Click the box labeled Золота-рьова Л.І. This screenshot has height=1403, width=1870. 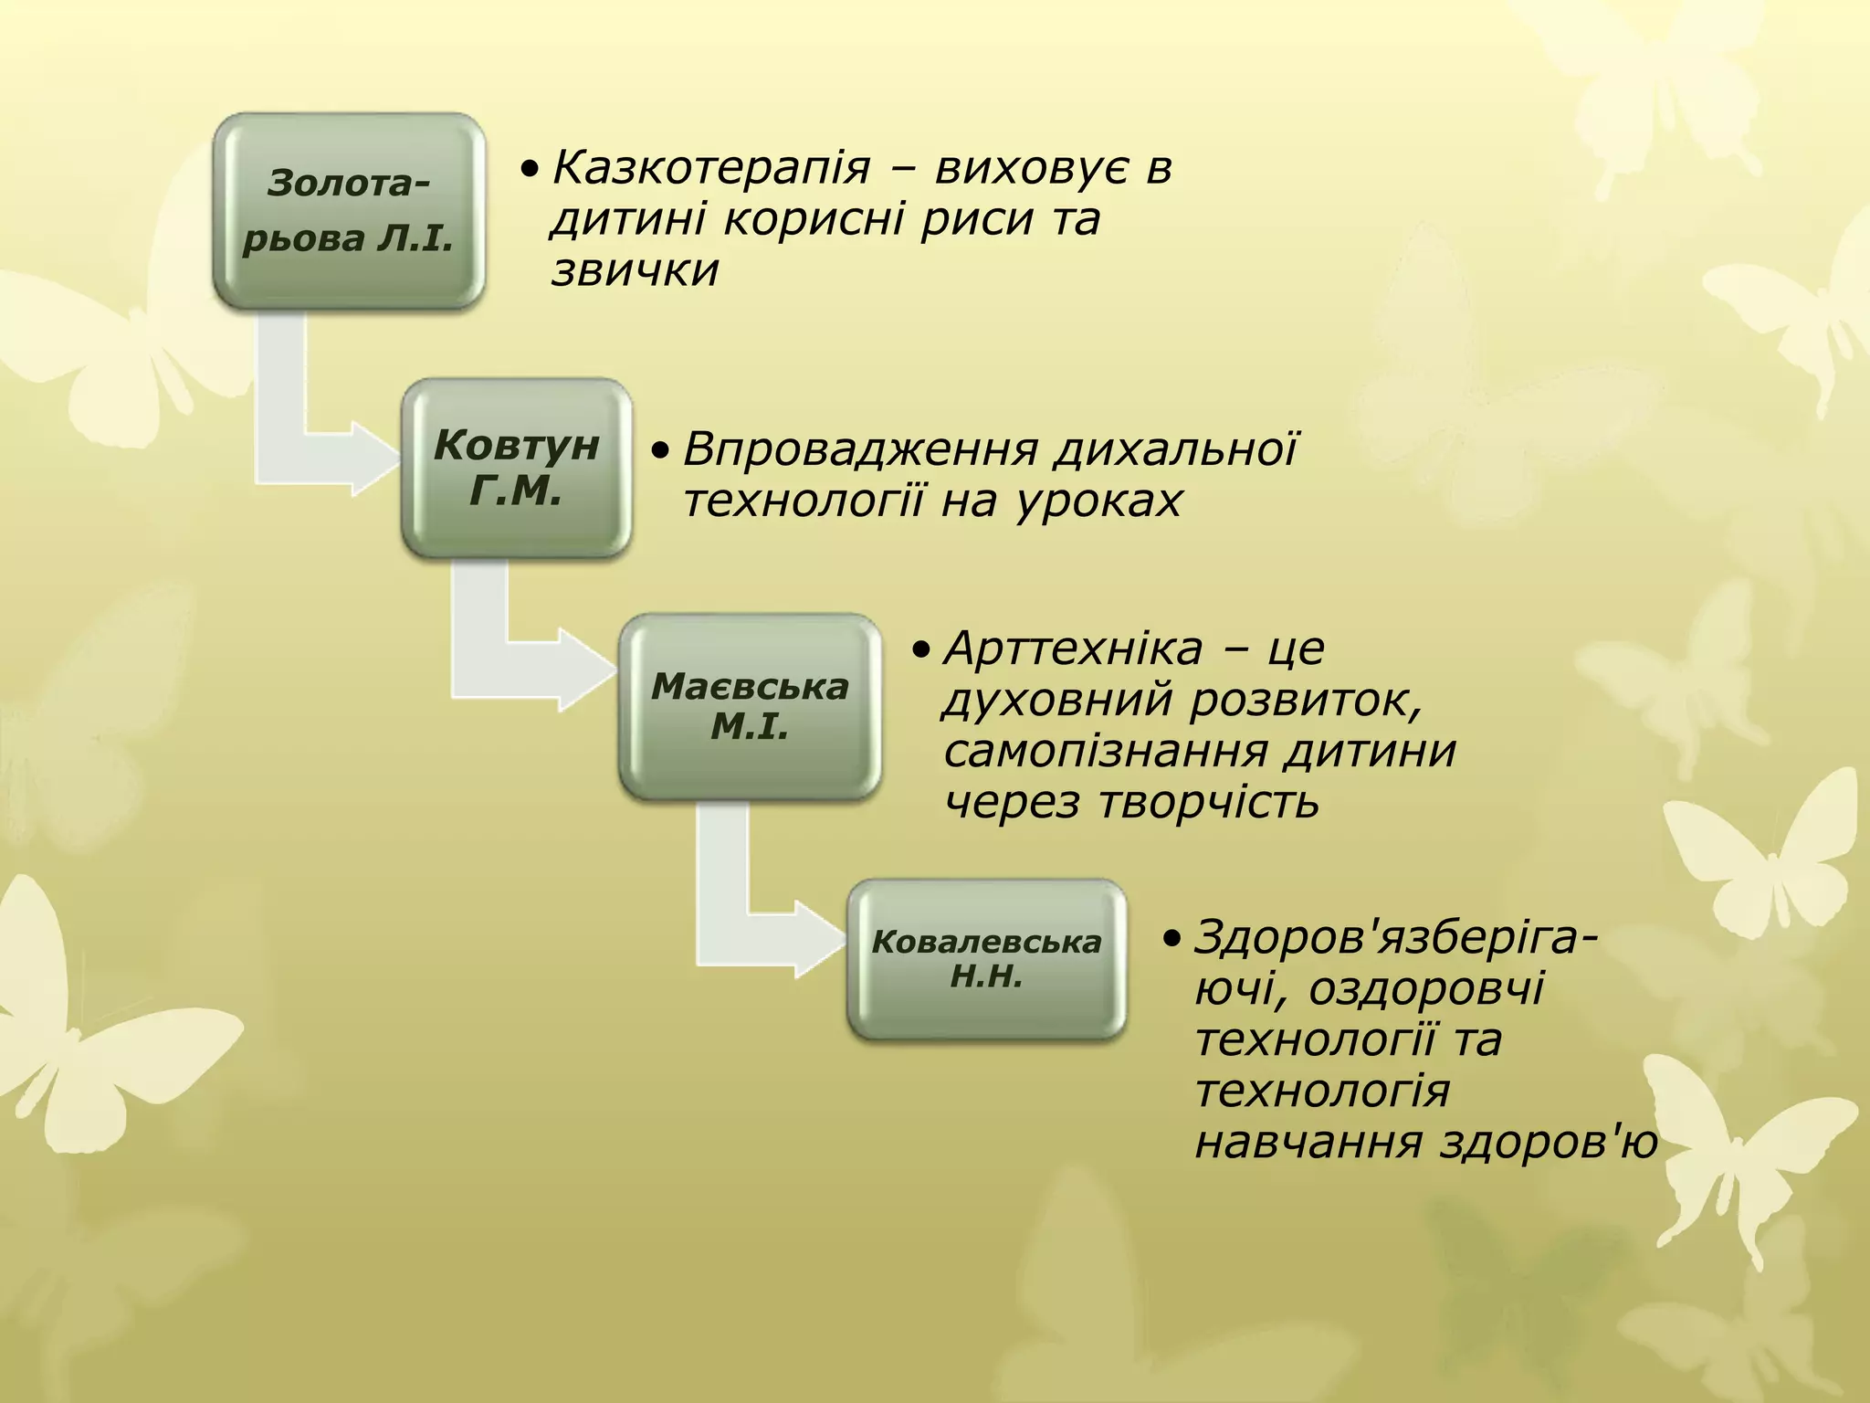349,210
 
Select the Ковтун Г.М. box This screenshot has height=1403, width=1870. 517,468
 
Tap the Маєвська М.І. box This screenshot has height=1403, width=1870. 750,706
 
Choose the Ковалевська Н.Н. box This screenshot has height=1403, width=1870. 986,959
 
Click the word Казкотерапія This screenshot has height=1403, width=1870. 711,168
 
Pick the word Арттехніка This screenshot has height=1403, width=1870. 1073,649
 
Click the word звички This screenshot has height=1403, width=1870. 636,270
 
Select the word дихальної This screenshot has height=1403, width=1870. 1177,449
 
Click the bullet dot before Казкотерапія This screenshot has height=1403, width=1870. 529,170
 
